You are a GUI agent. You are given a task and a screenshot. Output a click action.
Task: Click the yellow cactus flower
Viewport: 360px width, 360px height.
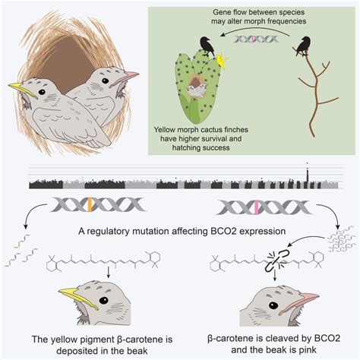tap(222, 61)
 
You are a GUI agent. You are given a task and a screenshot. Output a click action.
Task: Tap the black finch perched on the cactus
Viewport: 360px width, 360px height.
tap(207, 46)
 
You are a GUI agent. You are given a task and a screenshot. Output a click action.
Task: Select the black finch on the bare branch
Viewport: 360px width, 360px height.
tap(302, 46)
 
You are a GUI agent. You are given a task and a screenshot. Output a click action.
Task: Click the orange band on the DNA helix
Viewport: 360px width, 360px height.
tap(90, 205)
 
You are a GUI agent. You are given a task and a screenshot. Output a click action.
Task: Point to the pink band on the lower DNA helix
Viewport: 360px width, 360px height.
tap(257, 207)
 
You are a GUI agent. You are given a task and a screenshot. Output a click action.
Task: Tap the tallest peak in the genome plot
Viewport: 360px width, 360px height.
tap(308, 175)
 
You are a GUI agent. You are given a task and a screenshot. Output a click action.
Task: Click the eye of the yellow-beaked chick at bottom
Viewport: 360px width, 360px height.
tap(103, 301)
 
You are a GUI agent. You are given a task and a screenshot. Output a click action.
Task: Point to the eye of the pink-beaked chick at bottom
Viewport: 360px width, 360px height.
tap(273, 305)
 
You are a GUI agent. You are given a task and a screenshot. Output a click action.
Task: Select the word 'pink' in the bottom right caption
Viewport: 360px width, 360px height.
tap(307, 350)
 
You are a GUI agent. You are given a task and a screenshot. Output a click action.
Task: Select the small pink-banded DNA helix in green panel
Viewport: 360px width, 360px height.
tap(256, 39)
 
